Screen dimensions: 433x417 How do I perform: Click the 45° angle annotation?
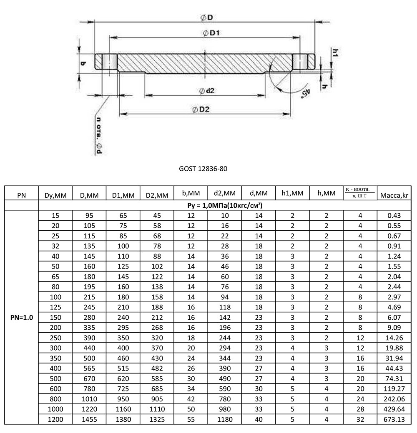[x=305, y=91]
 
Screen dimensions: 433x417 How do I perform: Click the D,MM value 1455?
[x=89, y=419]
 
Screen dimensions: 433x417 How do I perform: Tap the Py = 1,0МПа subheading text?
[x=225, y=206]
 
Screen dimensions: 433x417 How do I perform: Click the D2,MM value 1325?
[x=157, y=419]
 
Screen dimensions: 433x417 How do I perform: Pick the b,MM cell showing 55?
[x=191, y=419]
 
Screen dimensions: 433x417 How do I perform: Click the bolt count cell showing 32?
[x=360, y=419]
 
